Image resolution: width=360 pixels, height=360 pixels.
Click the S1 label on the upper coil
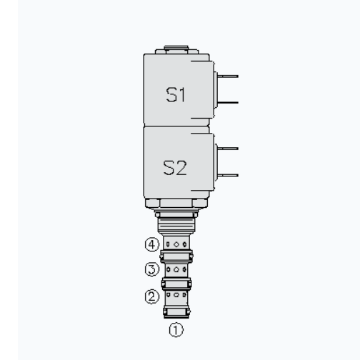tap(176, 95)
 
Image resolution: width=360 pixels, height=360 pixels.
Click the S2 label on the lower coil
tap(175, 168)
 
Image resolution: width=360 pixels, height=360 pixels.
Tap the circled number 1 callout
tap(176, 330)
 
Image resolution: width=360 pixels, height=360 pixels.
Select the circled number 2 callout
tap(152, 296)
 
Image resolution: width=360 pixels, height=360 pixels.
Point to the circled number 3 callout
tap(152, 269)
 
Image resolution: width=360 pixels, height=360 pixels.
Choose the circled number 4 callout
tap(152, 244)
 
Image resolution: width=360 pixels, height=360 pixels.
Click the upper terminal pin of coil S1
tap(228, 76)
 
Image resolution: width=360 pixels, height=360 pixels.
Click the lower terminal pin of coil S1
tap(228, 103)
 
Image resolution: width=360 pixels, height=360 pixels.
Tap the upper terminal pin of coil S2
tap(228, 149)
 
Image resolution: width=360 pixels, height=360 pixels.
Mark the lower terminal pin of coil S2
tap(228, 176)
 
